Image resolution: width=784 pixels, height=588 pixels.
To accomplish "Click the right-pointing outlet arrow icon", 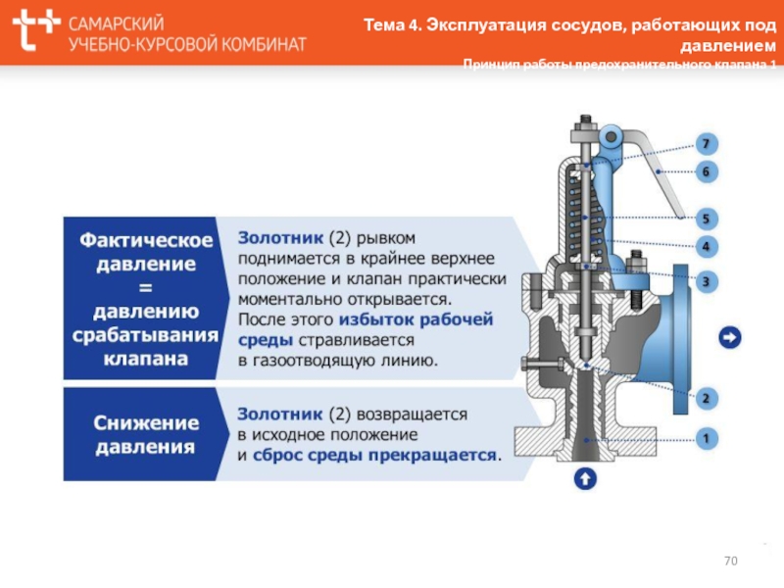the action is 730,338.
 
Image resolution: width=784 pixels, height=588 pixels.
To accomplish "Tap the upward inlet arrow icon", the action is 584,479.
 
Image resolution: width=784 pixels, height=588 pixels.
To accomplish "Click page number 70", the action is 730,561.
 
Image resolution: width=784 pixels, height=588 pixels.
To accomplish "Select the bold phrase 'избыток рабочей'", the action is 416,320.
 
